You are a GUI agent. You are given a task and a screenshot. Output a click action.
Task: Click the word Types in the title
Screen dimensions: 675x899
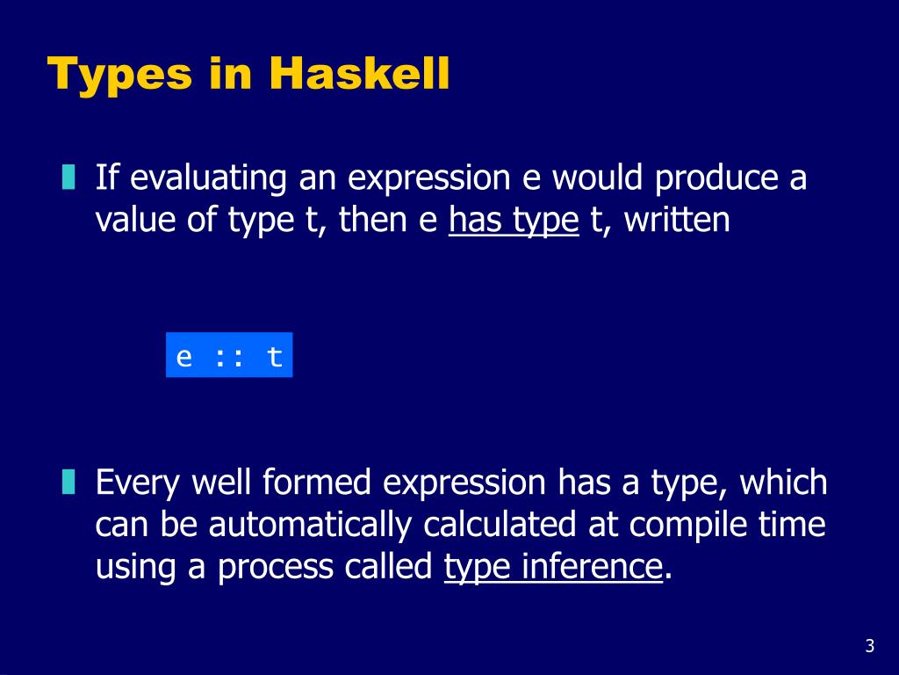point(119,75)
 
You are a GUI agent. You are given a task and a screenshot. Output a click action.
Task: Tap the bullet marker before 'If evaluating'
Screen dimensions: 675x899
point(68,178)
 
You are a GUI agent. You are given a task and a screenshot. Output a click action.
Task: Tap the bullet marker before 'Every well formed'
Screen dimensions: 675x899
point(68,483)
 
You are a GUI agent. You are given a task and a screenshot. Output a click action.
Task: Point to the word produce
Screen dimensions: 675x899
point(716,178)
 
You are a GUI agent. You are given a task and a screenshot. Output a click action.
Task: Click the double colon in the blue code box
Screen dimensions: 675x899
point(229,357)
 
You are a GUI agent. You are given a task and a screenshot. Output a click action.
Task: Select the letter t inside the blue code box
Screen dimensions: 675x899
point(275,357)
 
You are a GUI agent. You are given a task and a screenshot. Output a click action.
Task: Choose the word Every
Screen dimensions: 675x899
point(138,483)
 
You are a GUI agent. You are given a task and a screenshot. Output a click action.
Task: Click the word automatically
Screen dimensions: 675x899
point(311,525)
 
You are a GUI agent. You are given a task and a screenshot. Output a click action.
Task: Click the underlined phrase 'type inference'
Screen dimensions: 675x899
point(552,568)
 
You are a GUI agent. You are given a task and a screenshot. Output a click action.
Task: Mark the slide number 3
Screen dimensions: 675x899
point(869,647)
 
